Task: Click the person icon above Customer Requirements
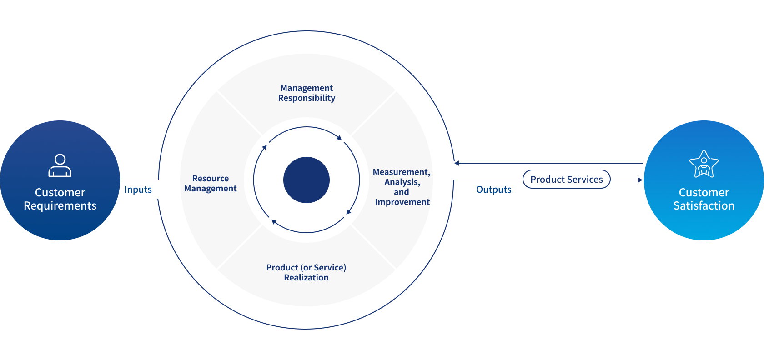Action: point(60,165)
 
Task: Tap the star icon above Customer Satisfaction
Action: point(704,164)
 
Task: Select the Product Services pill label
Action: point(566,180)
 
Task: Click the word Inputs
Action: point(138,190)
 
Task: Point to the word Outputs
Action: point(493,190)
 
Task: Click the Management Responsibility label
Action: point(307,93)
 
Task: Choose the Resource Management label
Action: point(211,184)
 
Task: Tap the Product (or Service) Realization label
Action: point(306,272)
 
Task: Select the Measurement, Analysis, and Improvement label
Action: point(402,187)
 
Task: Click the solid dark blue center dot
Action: point(307,180)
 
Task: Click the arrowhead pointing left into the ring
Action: point(457,163)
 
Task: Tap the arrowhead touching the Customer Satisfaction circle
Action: point(640,180)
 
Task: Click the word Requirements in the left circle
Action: point(60,206)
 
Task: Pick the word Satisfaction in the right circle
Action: point(704,206)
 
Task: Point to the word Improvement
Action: point(402,202)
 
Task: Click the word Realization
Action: point(306,278)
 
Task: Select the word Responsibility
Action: point(307,98)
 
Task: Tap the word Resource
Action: point(211,179)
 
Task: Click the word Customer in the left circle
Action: point(60,193)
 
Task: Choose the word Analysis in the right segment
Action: point(402,182)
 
